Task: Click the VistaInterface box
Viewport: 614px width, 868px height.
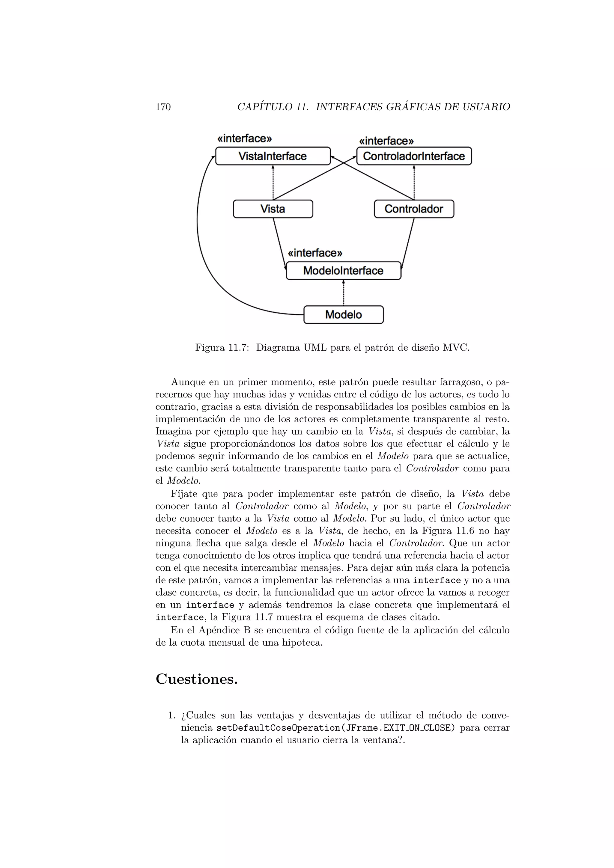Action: [273, 156]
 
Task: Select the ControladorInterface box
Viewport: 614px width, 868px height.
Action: [414, 156]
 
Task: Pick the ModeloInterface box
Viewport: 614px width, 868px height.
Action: [343, 271]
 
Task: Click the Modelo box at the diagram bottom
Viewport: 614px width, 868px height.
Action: [343, 314]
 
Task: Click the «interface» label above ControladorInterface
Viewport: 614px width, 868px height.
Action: [386, 141]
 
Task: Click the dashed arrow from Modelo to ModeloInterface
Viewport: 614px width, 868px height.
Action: [343, 293]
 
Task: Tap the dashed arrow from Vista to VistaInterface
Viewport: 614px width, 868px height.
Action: [273, 183]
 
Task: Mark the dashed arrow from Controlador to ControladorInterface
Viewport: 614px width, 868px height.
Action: [414, 183]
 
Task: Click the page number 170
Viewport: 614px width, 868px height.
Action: [163, 107]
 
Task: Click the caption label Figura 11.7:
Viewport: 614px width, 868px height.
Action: [222, 347]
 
